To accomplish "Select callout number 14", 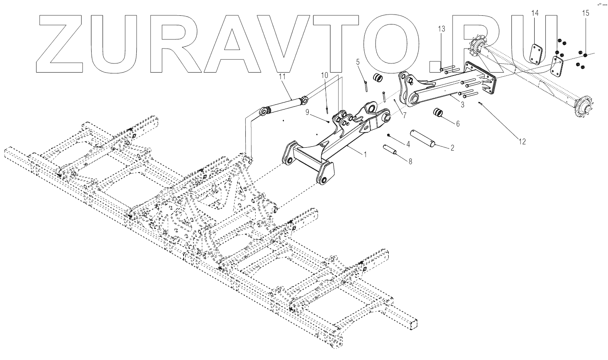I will (x=535, y=13).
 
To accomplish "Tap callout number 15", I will (x=585, y=13).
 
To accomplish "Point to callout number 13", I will (x=441, y=29).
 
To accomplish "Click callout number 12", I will (x=522, y=142).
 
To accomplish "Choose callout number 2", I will (x=452, y=147).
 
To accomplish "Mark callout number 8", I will (x=410, y=162).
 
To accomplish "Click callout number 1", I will (x=365, y=155).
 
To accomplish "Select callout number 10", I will (x=324, y=75).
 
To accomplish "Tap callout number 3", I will (x=463, y=105).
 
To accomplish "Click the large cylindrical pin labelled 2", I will (x=422, y=138).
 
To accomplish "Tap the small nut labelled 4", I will (x=388, y=136).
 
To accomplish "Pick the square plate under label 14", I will (x=537, y=54).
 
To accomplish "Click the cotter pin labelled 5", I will (x=366, y=85).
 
